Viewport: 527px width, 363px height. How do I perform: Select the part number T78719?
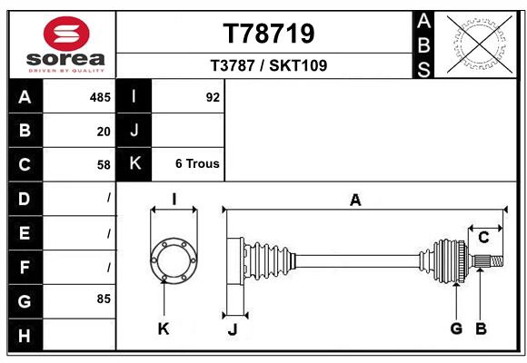(269, 34)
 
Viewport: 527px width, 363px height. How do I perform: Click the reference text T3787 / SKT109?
(269, 65)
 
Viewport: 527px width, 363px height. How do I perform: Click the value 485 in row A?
(100, 97)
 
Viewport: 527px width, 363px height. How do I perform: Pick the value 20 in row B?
(104, 132)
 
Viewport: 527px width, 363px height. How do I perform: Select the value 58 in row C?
(104, 165)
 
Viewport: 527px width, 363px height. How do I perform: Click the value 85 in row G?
(103, 298)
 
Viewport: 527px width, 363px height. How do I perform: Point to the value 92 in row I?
(213, 97)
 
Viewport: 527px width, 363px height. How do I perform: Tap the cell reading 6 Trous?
(197, 164)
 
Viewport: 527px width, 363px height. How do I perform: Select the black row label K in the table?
(135, 164)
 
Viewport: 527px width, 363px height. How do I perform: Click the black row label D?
(25, 199)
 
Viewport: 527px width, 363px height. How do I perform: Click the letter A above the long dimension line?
(356, 201)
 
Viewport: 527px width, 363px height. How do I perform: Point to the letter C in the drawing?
(484, 238)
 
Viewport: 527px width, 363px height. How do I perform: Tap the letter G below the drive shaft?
(456, 329)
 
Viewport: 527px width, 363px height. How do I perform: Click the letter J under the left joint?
(232, 329)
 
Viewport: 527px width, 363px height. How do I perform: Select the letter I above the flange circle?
(174, 200)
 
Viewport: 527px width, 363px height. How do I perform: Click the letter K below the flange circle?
(164, 329)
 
